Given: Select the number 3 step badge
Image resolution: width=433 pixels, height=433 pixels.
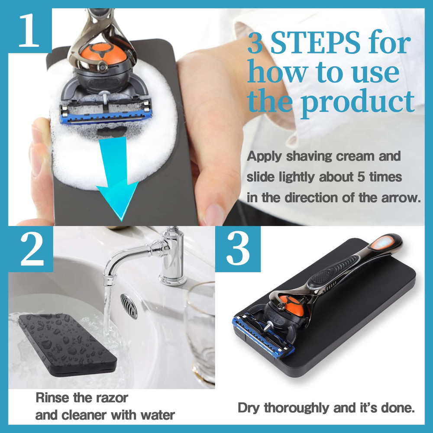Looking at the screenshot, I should [x=238, y=249].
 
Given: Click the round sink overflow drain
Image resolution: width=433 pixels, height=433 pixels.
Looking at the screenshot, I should [x=129, y=306].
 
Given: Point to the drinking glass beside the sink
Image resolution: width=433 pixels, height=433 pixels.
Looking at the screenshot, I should [x=200, y=329].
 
